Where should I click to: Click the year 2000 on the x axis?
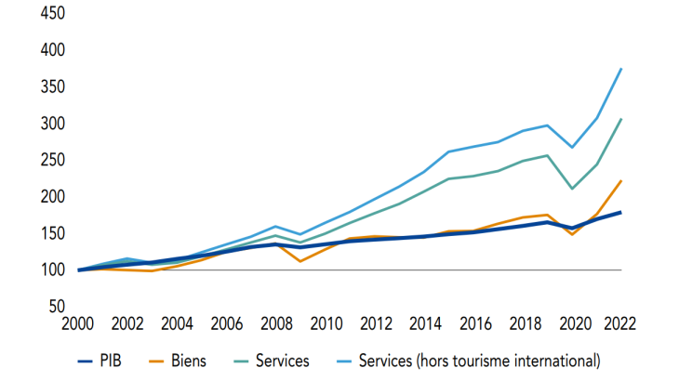click(78, 324)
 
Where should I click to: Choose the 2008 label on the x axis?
click(275, 324)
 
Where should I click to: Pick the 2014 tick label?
click(424, 324)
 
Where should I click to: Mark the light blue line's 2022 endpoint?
click(621, 69)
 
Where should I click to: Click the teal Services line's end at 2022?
click(621, 119)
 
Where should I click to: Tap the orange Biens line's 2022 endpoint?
click(621, 180)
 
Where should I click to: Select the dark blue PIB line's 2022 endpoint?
click(621, 212)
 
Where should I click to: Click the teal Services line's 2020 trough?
click(572, 189)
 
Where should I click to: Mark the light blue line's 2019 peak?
click(548, 125)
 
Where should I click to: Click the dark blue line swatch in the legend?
click(89, 359)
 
